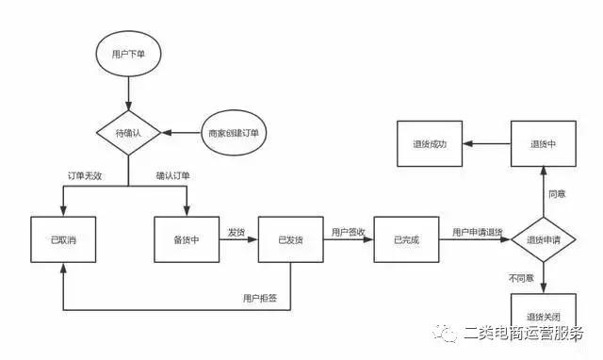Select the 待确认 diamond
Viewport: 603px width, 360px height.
(127, 133)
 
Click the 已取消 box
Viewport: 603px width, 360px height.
(64, 240)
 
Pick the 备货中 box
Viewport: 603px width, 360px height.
(187, 240)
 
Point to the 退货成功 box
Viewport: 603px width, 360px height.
(429, 144)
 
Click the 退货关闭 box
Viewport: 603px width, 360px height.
(543, 316)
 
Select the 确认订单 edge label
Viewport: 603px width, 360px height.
(172, 176)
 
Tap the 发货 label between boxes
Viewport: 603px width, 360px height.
(236, 231)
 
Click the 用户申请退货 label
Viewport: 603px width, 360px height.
(477, 232)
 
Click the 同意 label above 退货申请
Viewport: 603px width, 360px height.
(557, 193)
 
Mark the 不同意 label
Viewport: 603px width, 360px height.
(521, 279)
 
